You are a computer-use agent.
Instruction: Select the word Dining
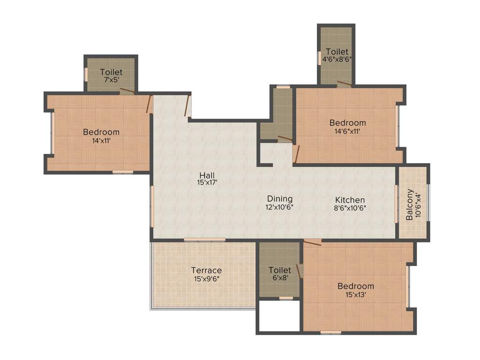point(280,198)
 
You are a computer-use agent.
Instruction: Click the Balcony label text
point(410,204)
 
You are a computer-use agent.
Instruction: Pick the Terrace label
point(206,270)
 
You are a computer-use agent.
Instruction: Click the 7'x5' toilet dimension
point(111,80)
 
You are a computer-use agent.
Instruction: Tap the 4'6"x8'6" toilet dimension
point(336,60)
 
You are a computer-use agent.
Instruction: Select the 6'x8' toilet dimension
point(280,277)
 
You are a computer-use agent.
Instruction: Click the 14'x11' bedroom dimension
point(101,140)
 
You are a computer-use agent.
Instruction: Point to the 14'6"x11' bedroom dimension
point(347,131)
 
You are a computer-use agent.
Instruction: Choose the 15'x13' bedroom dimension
point(356,294)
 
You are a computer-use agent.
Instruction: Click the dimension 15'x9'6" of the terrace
point(206,278)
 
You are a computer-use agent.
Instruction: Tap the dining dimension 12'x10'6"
point(280,206)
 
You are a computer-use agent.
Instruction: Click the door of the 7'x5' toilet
point(127,90)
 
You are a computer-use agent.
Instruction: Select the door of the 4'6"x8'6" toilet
point(344,84)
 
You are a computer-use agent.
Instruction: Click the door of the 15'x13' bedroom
point(313,243)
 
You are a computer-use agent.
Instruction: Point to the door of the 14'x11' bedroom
point(149,104)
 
